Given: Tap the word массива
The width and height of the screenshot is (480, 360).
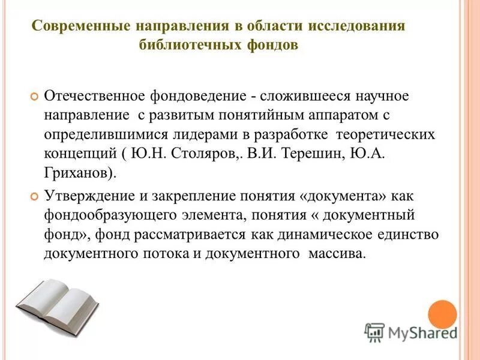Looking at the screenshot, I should tap(336, 253).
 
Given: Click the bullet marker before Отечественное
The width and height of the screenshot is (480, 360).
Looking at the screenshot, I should tap(34, 97).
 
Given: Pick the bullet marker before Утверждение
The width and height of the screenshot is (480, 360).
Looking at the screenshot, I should tap(34, 196).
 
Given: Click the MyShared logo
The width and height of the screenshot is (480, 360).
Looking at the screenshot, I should tap(410, 332).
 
